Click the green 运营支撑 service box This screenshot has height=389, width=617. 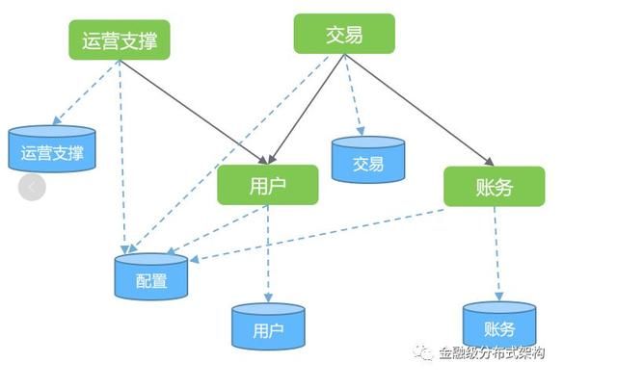tap(120, 40)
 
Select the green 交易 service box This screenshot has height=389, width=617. tap(344, 34)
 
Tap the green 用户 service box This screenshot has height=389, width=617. tap(268, 185)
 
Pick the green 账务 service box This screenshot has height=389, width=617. tap(495, 186)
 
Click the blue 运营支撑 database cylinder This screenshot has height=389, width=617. tap(52, 148)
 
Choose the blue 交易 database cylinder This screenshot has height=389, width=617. tap(368, 160)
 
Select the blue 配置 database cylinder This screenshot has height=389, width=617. tap(151, 276)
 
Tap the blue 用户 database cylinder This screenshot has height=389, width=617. tap(268, 326)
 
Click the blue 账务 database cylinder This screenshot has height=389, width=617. tap(499, 324)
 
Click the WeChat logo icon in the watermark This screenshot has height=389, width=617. tap(422, 352)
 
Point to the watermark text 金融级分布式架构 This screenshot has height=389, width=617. tap(492, 352)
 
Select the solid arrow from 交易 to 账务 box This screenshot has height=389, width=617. tap(419, 110)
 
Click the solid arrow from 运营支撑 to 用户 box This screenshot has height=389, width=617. tap(194, 112)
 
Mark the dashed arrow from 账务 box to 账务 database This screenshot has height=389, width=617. tap(497, 254)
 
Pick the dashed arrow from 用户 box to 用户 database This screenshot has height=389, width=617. tap(268, 254)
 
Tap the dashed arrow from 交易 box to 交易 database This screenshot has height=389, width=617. tap(353, 95)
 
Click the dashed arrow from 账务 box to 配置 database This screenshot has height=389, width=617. tap(317, 235)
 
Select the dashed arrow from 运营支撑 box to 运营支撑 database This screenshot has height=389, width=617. tap(86, 92)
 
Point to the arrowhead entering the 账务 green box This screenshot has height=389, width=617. tap(490, 162)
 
